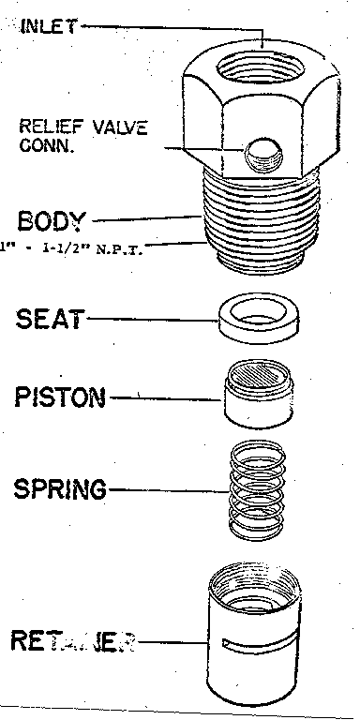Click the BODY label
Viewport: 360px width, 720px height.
(52, 221)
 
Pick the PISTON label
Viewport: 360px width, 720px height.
(62, 397)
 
